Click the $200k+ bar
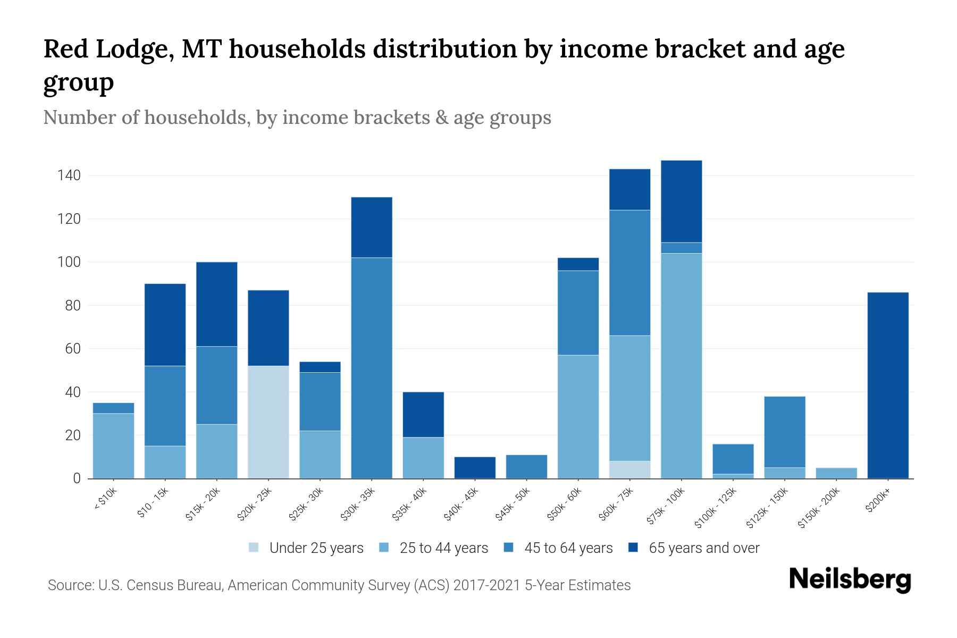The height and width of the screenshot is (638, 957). pos(887,385)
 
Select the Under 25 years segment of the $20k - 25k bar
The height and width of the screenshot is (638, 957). pos(268,422)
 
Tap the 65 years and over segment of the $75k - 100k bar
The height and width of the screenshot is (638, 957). pos(681,202)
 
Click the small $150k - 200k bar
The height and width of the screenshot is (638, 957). pos(836,473)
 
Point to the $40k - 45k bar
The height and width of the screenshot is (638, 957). pos(475,468)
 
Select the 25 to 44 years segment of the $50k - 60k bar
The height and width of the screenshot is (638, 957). pos(578,417)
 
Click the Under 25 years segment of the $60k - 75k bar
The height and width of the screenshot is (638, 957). pos(629,470)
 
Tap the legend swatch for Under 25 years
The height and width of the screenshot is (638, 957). pos(254,548)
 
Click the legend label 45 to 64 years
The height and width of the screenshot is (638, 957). pos(568,548)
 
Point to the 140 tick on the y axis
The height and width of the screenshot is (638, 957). pos(69,175)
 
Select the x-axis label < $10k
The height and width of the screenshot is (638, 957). pos(105,500)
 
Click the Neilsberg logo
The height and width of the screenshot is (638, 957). pos(850,580)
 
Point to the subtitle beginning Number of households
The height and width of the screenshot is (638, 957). pos(297,117)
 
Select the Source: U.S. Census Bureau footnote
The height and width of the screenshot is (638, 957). pos(339,585)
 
